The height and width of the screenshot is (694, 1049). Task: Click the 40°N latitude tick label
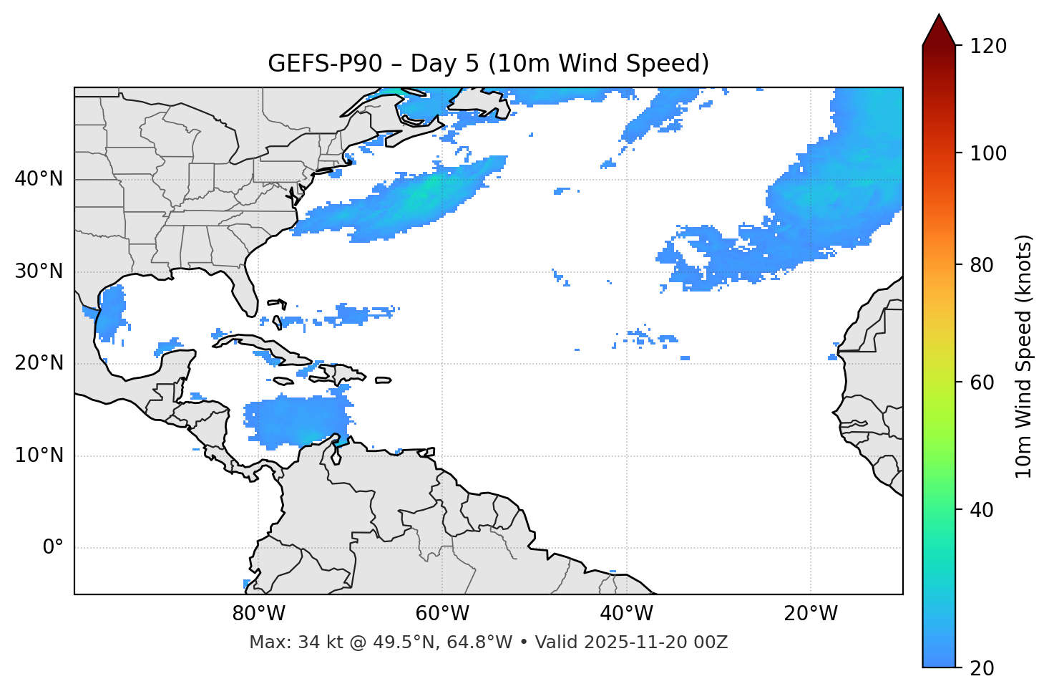click(x=39, y=179)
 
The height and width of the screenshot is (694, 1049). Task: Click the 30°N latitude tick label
click(x=39, y=271)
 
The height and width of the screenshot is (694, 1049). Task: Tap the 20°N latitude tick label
click(x=39, y=363)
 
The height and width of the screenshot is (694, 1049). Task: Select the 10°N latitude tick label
click(x=39, y=456)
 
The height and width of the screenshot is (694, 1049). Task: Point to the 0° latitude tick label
click(x=53, y=548)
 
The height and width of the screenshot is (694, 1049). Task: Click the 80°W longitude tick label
click(x=258, y=614)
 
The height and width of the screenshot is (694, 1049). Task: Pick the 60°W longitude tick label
click(x=442, y=614)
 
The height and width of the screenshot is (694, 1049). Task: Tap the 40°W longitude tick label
click(x=626, y=614)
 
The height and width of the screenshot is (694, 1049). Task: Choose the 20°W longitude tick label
click(x=811, y=614)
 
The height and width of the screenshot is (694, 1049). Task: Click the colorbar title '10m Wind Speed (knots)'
click(x=1024, y=356)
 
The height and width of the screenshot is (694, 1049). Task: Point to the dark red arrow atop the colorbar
click(x=939, y=31)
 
